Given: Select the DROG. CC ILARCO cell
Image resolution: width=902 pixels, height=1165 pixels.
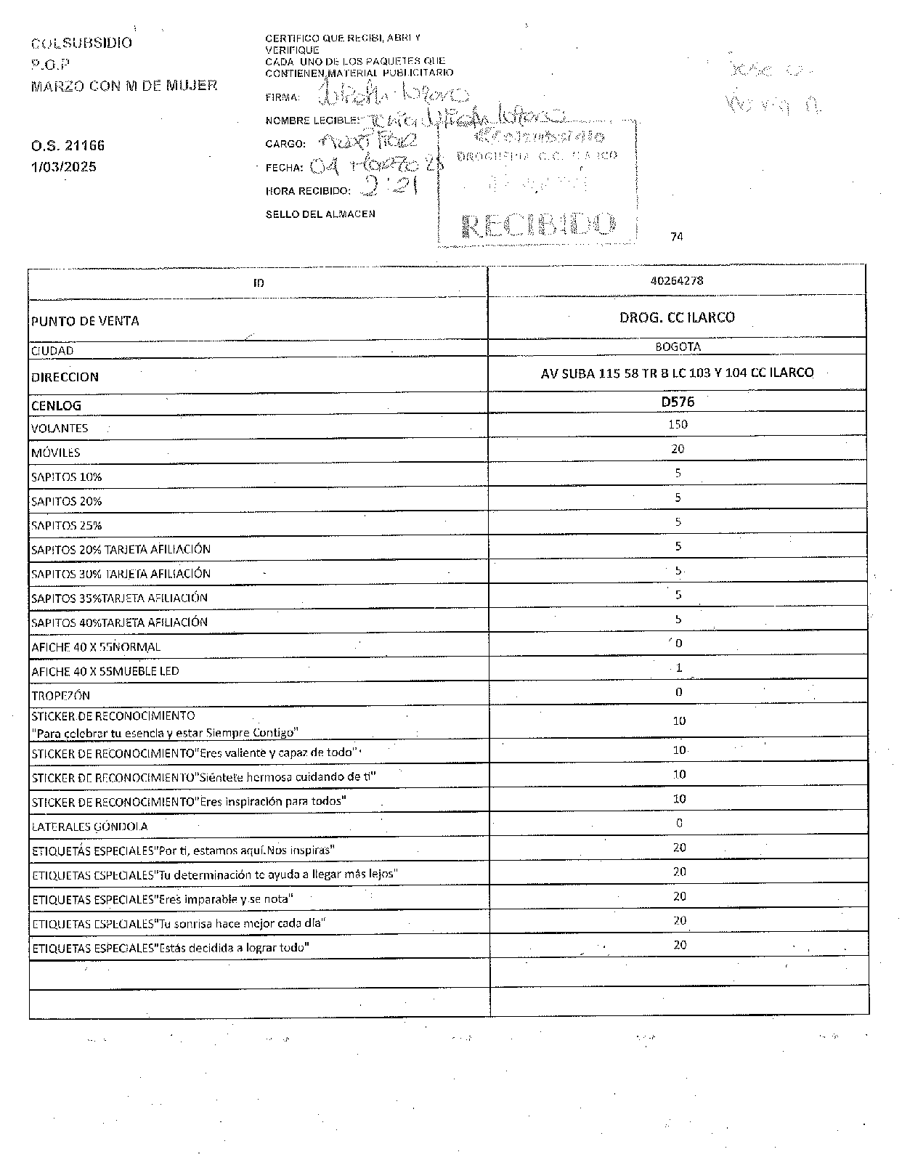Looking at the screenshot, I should [677, 317].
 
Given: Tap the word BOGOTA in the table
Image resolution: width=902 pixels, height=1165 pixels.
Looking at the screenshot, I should [678, 347].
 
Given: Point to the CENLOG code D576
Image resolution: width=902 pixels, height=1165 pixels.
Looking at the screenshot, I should [678, 402].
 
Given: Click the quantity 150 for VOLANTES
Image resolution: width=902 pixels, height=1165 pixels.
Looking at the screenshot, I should [678, 424].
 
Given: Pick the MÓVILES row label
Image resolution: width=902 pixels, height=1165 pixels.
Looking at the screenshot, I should [56, 453].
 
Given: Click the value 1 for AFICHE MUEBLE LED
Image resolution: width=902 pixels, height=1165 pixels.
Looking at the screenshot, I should [678, 667].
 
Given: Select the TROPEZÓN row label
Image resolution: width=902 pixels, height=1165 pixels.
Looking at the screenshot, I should [60, 696].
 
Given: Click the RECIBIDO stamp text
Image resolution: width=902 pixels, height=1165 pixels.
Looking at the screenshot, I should [538, 226].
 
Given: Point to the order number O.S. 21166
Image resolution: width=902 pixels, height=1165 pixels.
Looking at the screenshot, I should [68, 146].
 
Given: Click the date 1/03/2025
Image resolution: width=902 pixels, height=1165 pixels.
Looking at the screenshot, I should [63, 167].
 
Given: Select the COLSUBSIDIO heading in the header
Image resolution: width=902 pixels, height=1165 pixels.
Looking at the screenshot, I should [81, 44].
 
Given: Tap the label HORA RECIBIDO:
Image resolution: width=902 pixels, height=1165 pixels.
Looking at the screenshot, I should [308, 191].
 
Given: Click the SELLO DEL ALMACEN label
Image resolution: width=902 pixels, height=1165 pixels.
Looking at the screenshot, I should [320, 214].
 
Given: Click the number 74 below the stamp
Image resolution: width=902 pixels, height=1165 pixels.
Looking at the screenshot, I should [677, 237].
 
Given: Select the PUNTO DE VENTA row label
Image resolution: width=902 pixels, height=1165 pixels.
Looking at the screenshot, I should [85, 321].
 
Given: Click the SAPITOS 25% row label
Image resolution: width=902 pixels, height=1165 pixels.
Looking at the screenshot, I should [67, 526].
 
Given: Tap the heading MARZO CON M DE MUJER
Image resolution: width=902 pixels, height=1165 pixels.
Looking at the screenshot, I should [124, 86].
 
